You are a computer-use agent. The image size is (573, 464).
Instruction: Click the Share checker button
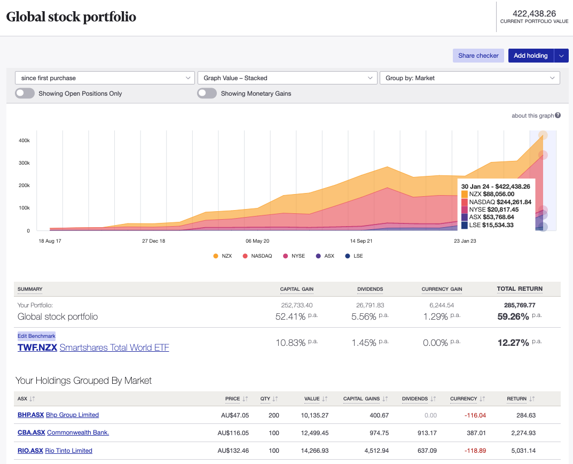click(478, 56)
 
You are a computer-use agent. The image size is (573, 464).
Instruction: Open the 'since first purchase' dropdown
click(105, 78)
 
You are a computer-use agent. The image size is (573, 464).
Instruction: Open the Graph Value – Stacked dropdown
click(287, 78)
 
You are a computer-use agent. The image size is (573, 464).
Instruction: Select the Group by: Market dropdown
click(469, 78)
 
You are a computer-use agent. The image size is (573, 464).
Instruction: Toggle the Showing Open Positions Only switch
click(25, 94)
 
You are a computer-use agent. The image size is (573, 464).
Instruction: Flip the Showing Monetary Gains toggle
click(207, 94)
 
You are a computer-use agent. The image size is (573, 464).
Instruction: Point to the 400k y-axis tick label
click(24, 140)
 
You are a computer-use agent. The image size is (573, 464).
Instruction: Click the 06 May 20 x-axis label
click(257, 241)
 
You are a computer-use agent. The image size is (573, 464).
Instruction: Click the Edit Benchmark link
click(36, 336)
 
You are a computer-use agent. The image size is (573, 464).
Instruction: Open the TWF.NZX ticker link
click(37, 347)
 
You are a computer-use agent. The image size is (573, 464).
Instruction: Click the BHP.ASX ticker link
click(30, 415)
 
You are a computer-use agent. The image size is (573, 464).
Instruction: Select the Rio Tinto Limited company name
click(69, 451)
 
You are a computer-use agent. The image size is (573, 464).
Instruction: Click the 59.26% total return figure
click(513, 316)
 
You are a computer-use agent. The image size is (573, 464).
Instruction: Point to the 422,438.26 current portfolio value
click(534, 13)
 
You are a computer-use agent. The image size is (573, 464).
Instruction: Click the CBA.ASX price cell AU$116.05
click(233, 432)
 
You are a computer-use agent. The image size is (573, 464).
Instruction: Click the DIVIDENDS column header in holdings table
click(415, 399)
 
